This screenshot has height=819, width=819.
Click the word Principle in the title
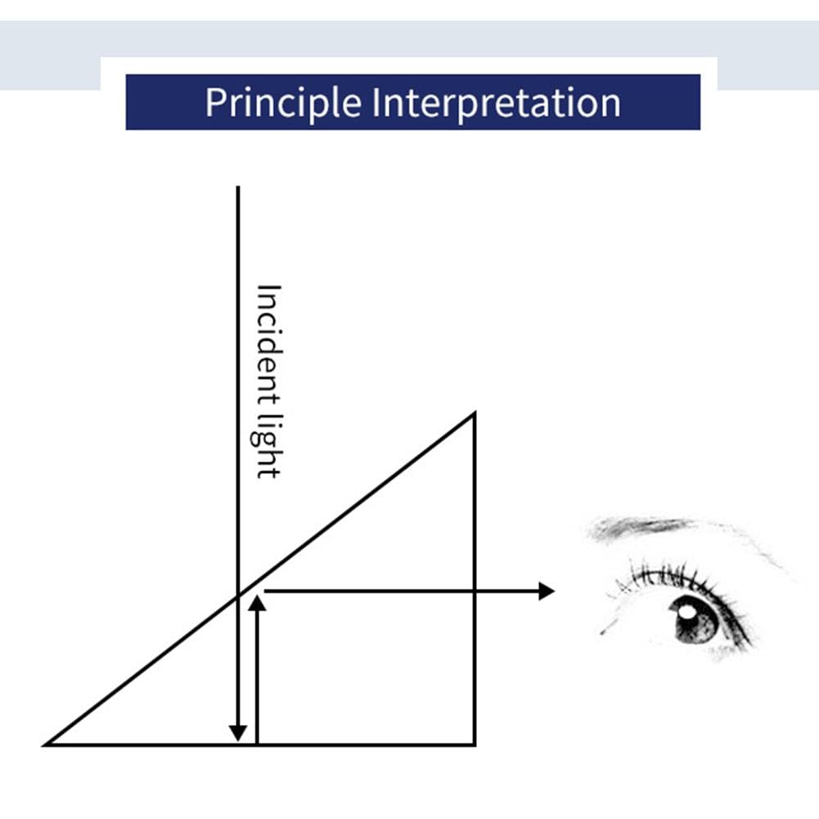(283, 103)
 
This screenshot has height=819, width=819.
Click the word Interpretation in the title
(496, 102)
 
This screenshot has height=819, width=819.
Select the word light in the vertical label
(269, 446)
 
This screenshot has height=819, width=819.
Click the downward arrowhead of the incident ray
(238, 733)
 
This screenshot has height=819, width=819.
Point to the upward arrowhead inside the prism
(257, 603)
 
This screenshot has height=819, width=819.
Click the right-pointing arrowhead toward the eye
(547, 592)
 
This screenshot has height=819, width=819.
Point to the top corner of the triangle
(474, 414)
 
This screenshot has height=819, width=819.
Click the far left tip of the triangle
(44, 745)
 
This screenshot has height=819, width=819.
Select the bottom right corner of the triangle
(475, 745)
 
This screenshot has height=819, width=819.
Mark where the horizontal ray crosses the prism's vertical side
(475, 592)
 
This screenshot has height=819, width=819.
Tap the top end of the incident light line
(238, 187)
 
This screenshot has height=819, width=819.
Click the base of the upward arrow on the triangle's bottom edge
(257, 744)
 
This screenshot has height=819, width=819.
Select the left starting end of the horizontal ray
(265, 592)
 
